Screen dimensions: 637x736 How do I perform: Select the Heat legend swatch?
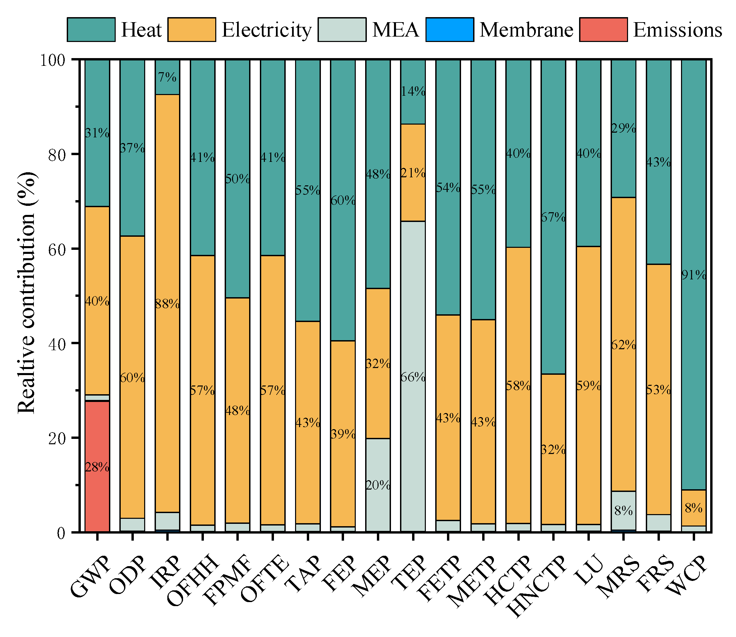(x=91, y=30)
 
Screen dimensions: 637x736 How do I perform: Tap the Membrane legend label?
(x=526, y=30)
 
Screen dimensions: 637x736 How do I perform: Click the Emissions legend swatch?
(x=603, y=30)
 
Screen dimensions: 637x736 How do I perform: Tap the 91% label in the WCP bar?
(x=693, y=275)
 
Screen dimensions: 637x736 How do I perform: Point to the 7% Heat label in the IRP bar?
(x=167, y=77)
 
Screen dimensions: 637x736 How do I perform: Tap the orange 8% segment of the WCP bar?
(x=693, y=508)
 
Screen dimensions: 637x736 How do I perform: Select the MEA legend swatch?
(x=342, y=30)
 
